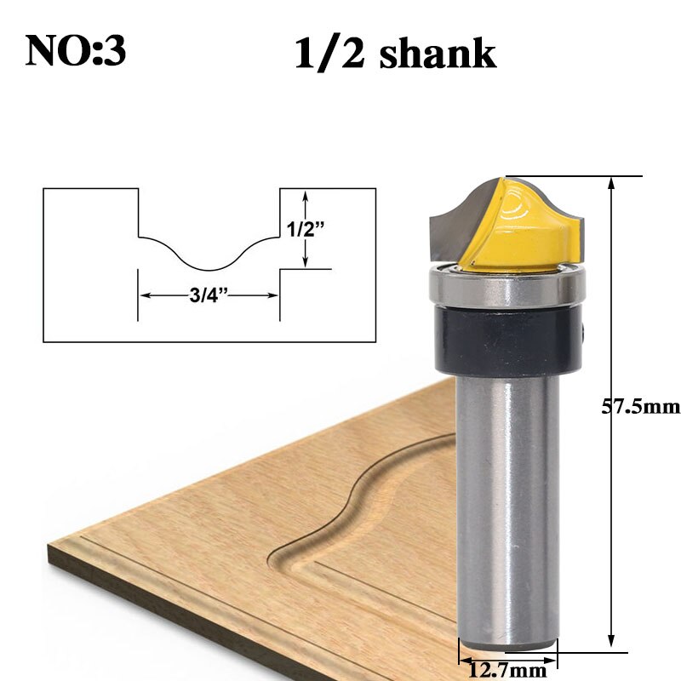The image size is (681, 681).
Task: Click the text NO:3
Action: [76, 50]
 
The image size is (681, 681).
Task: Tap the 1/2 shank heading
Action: [394, 53]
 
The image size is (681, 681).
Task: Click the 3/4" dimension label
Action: [209, 296]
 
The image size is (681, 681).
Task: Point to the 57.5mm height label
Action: [641, 407]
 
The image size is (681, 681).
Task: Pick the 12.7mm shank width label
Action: [510, 671]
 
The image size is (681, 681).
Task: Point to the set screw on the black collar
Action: [585, 328]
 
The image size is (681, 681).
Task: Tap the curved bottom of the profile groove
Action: [209, 264]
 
